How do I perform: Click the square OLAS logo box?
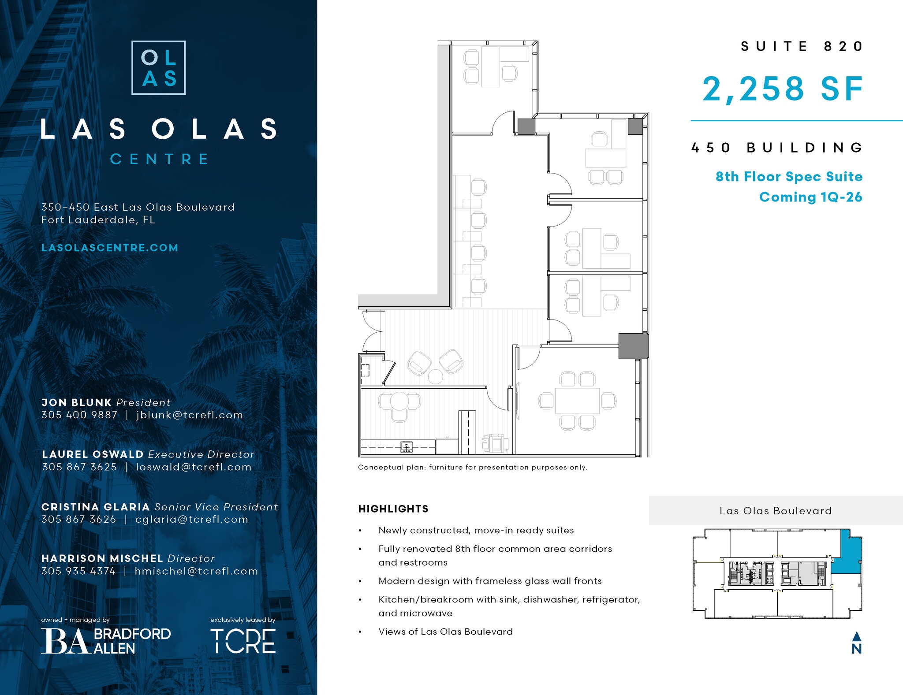pos(158,67)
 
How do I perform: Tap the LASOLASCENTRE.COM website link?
pos(110,248)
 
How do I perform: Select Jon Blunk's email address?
pos(190,415)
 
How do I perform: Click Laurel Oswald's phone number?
pos(79,467)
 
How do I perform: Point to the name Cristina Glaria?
pos(95,507)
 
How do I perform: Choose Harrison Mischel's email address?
pos(196,571)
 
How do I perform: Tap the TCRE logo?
pos(243,641)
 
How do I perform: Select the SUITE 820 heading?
pos(801,46)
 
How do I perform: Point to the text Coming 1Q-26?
pos(810,197)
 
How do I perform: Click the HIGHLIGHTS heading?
pos(393,509)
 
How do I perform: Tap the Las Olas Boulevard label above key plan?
pos(776,511)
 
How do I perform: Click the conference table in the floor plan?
pos(577,401)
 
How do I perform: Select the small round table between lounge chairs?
pos(435,377)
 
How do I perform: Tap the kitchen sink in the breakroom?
pos(407,447)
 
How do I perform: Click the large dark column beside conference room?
pos(633,346)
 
